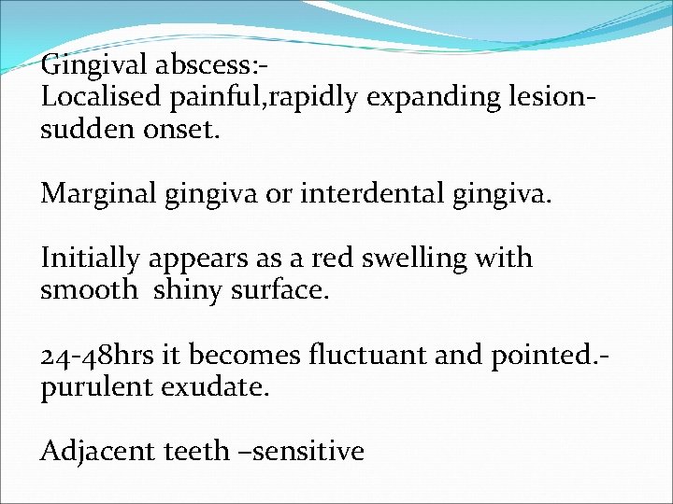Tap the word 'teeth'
195,452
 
